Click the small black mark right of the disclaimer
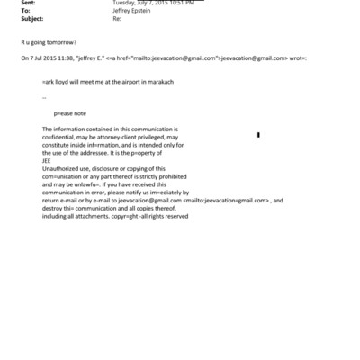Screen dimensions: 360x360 [x=258, y=136]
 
